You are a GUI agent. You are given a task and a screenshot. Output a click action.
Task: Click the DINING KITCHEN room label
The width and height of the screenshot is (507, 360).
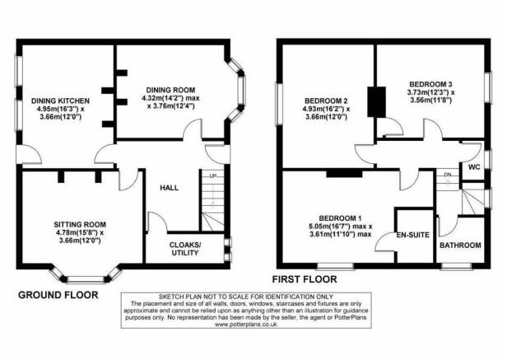click(60, 101)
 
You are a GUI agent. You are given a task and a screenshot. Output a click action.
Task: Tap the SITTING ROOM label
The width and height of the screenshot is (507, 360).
click(80, 224)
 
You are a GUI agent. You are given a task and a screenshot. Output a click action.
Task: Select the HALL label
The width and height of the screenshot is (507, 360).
click(169, 188)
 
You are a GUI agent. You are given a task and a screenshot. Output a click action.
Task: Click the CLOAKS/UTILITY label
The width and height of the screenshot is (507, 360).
click(185, 248)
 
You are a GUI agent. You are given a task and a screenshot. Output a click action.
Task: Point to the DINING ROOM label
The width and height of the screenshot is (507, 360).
click(170, 90)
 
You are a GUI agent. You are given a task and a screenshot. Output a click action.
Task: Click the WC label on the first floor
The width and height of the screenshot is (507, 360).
click(474, 167)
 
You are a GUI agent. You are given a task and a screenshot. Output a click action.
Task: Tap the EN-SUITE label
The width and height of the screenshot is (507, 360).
click(413, 235)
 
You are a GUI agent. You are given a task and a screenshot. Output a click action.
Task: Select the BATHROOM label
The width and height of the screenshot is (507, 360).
click(460, 245)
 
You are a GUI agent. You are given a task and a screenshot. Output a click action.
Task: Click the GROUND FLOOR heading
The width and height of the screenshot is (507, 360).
click(58, 295)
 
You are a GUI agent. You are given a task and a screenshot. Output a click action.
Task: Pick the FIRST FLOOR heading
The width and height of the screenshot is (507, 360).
click(305, 279)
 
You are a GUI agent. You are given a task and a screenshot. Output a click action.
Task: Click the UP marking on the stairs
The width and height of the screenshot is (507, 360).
click(212, 176)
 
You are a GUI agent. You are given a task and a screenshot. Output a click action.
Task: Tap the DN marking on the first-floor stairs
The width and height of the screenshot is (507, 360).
click(448, 175)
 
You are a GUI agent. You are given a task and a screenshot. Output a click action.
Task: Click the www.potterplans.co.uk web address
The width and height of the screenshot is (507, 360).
click(246, 324)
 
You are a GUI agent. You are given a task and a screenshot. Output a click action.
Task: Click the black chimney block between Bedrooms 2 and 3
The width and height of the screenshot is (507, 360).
click(377, 101)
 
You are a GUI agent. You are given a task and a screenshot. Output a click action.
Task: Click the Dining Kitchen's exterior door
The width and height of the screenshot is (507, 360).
click(29, 154)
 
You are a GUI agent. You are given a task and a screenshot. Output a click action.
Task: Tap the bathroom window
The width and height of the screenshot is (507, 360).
click(457, 266)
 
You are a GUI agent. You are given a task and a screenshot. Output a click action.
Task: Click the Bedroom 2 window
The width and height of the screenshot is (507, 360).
click(278, 104)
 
